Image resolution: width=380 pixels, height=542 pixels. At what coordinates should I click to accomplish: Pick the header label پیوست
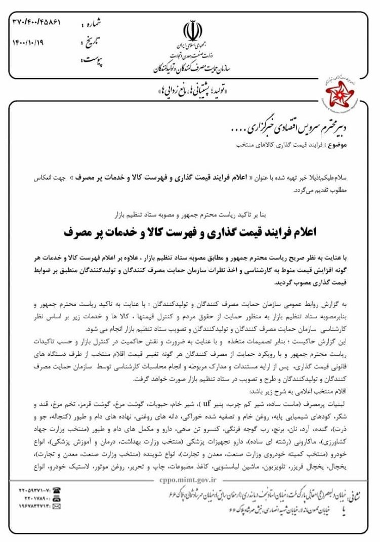(x=92, y=60)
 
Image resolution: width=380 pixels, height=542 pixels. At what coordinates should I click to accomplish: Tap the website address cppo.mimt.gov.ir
(x=181, y=483)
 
